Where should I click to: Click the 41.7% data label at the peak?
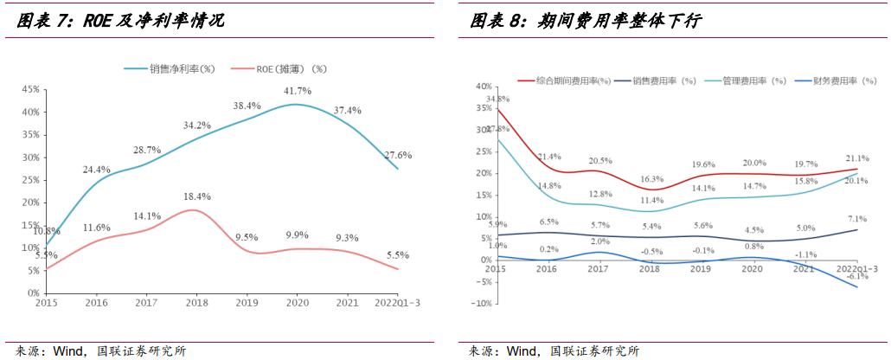click(x=298, y=91)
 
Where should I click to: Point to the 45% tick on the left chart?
click(x=29, y=89)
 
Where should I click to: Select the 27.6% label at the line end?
click(x=398, y=155)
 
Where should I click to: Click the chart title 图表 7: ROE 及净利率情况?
click(x=121, y=22)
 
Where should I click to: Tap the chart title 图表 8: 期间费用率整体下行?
click(x=585, y=22)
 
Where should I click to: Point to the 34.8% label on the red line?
click(x=497, y=100)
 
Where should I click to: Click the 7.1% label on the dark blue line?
click(x=857, y=219)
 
